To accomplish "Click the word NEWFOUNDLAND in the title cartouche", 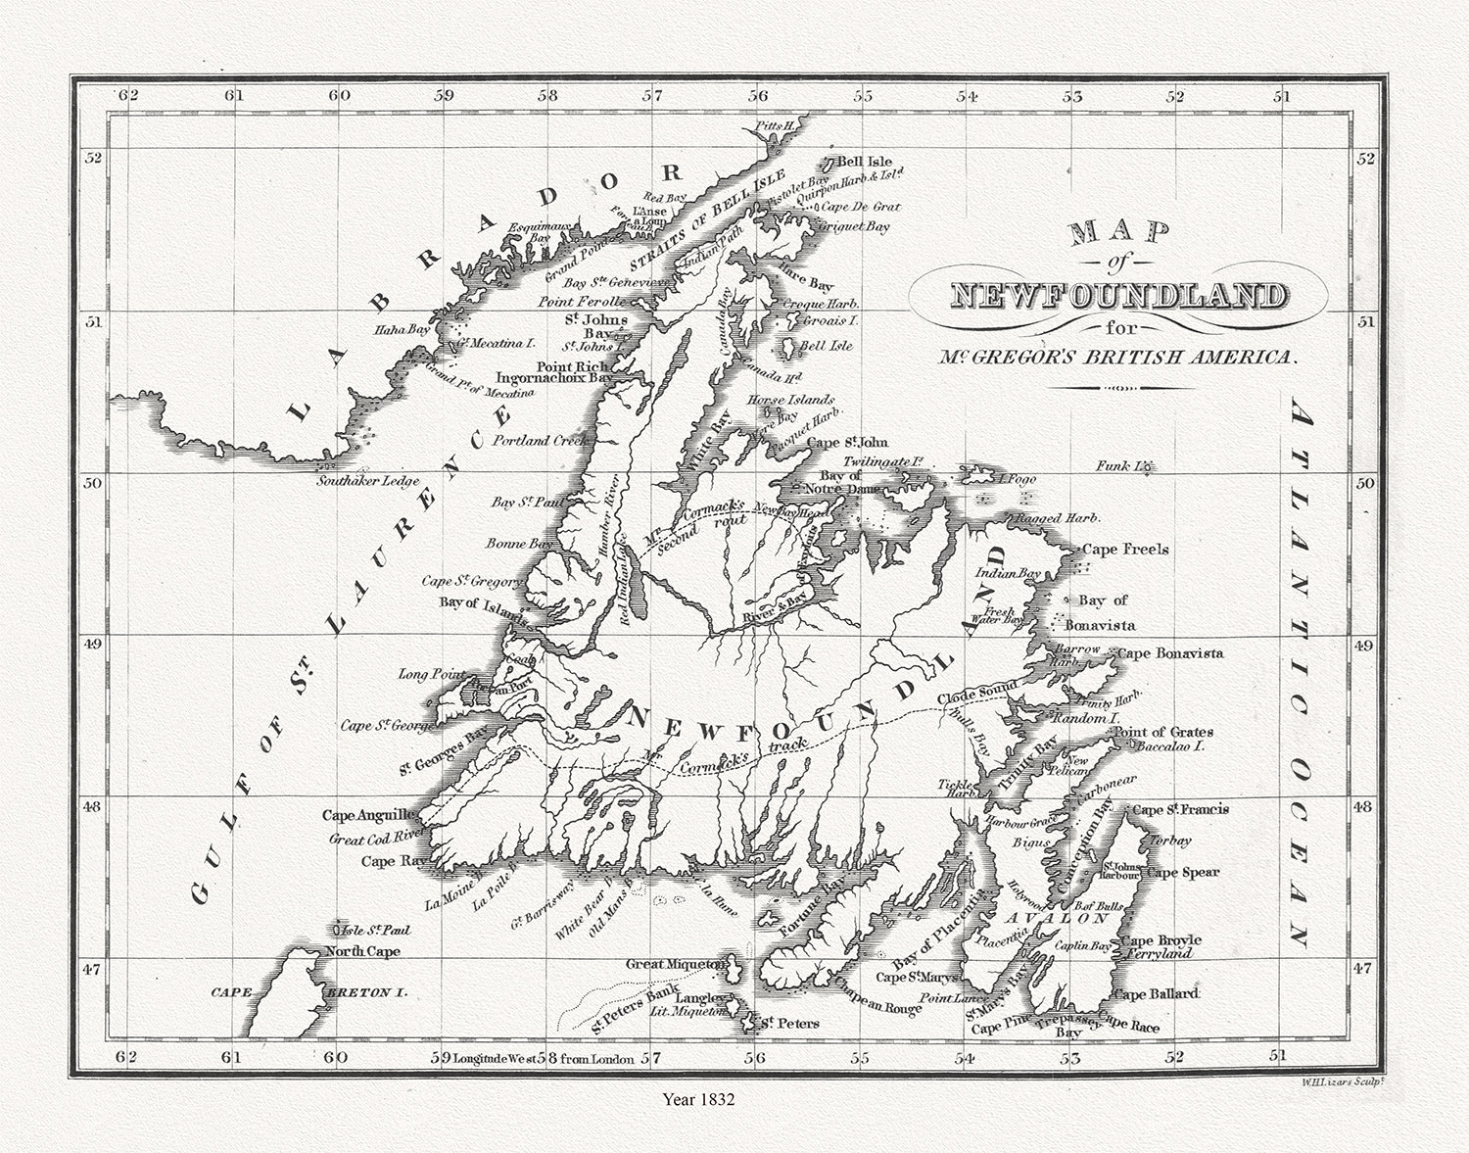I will (x=1117, y=295).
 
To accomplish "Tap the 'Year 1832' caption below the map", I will (x=697, y=1099).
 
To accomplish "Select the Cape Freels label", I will (x=1125, y=550).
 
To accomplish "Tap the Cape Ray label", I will (x=391, y=861).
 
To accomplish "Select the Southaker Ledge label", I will (x=367, y=481).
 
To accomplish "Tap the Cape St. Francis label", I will (x=1179, y=810).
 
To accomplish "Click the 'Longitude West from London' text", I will (x=544, y=1058).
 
